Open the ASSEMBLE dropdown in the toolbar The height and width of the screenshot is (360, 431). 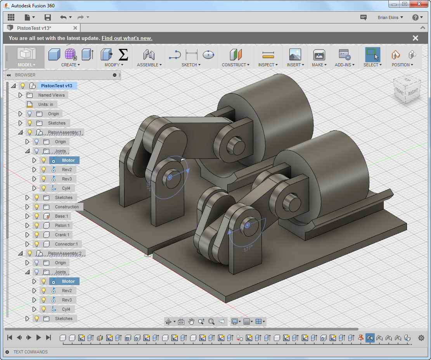tap(149, 65)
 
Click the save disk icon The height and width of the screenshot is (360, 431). tap(48, 17)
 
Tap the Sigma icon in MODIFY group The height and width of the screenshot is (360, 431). tap(123, 54)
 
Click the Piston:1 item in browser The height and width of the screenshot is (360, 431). tap(61, 225)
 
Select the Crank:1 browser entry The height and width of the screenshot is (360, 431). tap(62, 235)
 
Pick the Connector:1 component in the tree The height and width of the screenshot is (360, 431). tap(66, 244)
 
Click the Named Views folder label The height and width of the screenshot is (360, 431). tap(51, 95)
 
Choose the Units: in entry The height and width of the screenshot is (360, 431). tap(45, 104)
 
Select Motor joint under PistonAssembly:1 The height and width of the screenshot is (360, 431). tap(68, 160)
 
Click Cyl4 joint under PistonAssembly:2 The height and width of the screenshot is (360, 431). tap(66, 309)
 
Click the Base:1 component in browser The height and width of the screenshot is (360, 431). tap(61, 216)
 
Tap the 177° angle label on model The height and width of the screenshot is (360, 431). tap(248, 249)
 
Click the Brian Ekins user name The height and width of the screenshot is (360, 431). tap(388, 17)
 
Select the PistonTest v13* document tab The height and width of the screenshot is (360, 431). tap(34, 28)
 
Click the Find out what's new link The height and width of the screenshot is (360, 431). tap(127, 38)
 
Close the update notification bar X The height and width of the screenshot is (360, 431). tap(415, 38)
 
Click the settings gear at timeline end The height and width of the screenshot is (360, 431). tap(421, 338)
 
